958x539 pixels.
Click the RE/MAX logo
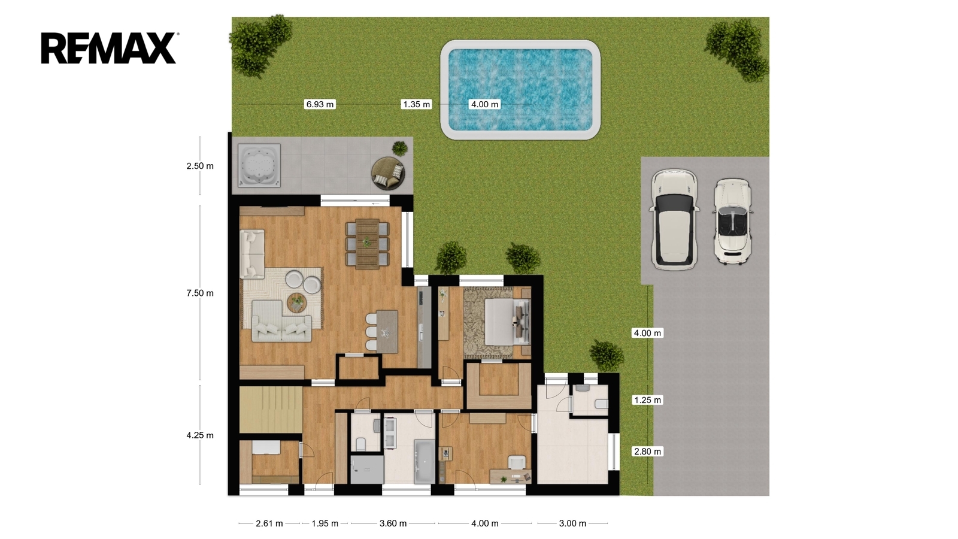tap(109, 48)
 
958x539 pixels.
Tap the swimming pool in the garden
tap(520, 90)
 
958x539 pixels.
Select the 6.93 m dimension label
tap(320, 104)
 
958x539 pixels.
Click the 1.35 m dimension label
tap(416, 104)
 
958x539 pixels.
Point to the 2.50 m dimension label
tap(200, 166)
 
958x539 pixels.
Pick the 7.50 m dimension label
tap(200, 293)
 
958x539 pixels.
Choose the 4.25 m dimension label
tap(200, 435)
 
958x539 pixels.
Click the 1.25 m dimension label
tap(647, 400)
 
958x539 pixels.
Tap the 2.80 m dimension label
tap(647, 452)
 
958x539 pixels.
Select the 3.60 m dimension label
tap(393, 523)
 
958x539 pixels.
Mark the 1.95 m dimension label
tap(325, 523)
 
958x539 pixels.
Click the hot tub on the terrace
tap(259, 165)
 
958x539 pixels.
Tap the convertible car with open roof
tap(733, 221)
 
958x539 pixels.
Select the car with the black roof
tap(674, 219)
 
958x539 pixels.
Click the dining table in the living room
tap(368, 243)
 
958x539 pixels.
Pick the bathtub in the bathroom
tap(425, 461)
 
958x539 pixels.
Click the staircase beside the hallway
tap(271, 410)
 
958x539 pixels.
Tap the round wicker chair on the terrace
tap(387, 173)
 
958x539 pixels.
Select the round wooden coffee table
tap(297, 302)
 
